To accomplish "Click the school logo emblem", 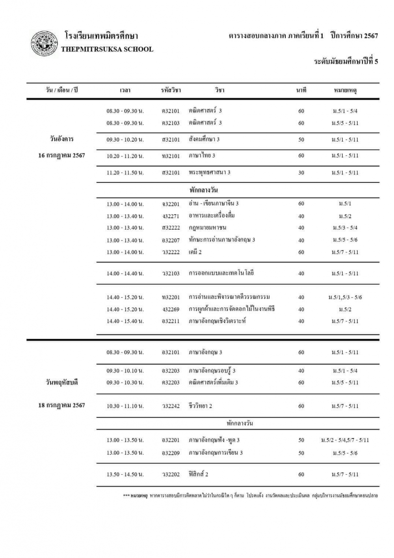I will [x=43, y=43].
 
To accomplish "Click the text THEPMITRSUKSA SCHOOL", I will [x=107, y=49].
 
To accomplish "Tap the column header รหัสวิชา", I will [x=171, y=90].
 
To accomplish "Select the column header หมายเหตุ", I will [x=345, y=90].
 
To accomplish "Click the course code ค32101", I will [x=171, y=111].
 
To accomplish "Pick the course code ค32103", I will [x=171, y=123].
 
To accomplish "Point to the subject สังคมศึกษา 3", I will [x=204, y=139].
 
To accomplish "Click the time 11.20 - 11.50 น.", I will [x=125, y=173].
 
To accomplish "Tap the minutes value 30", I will [x=301, y=173].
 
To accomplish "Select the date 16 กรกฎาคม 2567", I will [x=61, y=155].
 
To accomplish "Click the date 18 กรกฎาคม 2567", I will [x=61, y=405].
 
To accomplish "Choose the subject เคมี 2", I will [x=195, y=252].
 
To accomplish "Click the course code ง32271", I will [x=171, y=216].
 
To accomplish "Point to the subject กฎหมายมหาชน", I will [x=207, y=228].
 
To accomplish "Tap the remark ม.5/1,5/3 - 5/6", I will [x=345, y=297].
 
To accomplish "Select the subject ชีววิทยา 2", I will [x=200, y=406].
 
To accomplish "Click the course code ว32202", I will [x=171, y=474].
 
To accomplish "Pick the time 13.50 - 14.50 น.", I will [x=125, y=474].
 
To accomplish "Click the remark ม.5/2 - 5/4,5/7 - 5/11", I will [x=345, y=440].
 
